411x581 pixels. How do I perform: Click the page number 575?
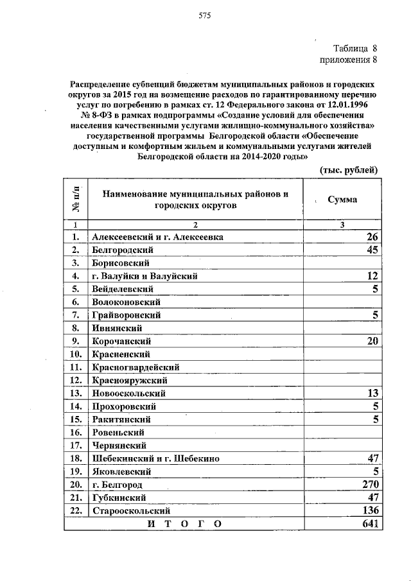205,15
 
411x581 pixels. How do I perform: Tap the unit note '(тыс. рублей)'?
349,169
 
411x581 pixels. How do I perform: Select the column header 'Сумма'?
342,200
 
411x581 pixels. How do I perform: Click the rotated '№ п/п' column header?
76,200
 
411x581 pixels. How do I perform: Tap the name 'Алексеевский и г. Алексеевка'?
157,237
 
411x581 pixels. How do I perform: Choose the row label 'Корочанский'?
121,341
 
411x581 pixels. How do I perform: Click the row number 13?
76,393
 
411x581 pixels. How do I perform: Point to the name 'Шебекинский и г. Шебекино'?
155,458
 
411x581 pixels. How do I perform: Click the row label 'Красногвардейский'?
135,367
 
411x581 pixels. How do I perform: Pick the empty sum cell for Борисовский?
342,263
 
